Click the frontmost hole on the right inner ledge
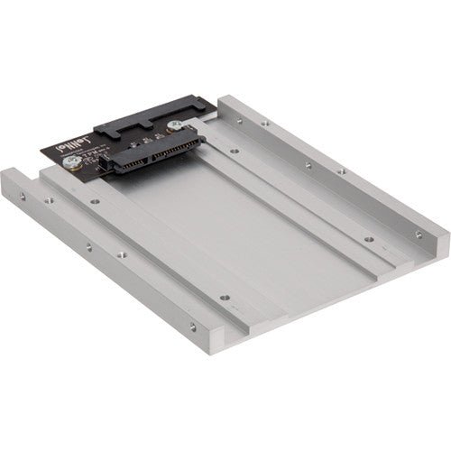coord(369,239)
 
